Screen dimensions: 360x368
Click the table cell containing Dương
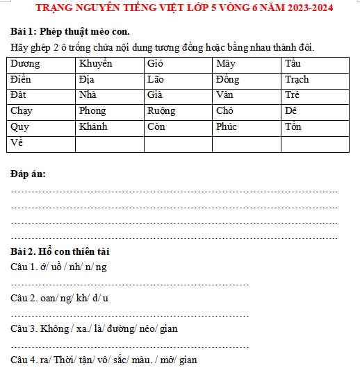40,64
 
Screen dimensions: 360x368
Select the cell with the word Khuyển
109,64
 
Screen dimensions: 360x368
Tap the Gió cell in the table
178,64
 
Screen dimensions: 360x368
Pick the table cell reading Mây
247,64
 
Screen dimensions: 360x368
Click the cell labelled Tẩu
316,64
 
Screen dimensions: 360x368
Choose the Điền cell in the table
40,80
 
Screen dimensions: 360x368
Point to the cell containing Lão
178,80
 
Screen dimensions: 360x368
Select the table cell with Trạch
316,80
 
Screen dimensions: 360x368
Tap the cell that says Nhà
109,95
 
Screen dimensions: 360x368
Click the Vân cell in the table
247,95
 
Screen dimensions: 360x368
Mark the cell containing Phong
109,111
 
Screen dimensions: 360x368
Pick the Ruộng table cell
178,111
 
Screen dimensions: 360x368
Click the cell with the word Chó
247,111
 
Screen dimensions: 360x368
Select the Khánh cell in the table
109,127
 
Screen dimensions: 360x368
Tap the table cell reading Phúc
247,127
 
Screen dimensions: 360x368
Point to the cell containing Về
40,144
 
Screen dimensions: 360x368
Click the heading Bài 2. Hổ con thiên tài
60,251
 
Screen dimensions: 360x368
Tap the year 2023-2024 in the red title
300,9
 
